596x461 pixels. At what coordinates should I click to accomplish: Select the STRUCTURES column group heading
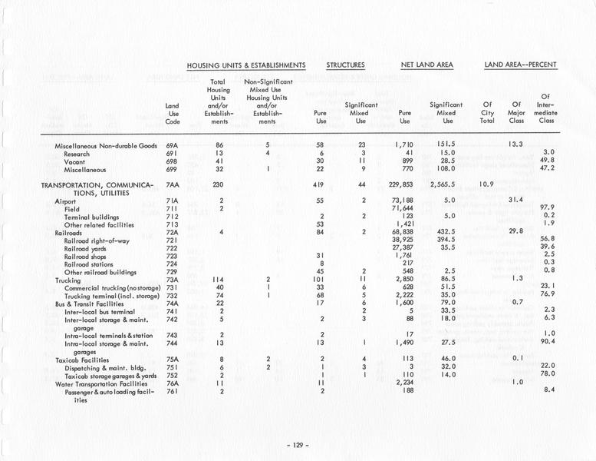point(345,65)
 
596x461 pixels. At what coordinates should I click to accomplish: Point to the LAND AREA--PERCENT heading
point(521,65)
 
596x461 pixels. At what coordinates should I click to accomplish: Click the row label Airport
point(65,200)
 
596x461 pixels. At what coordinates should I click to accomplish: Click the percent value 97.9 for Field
point(546,208)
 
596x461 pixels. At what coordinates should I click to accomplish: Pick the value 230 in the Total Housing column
point(220,184)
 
